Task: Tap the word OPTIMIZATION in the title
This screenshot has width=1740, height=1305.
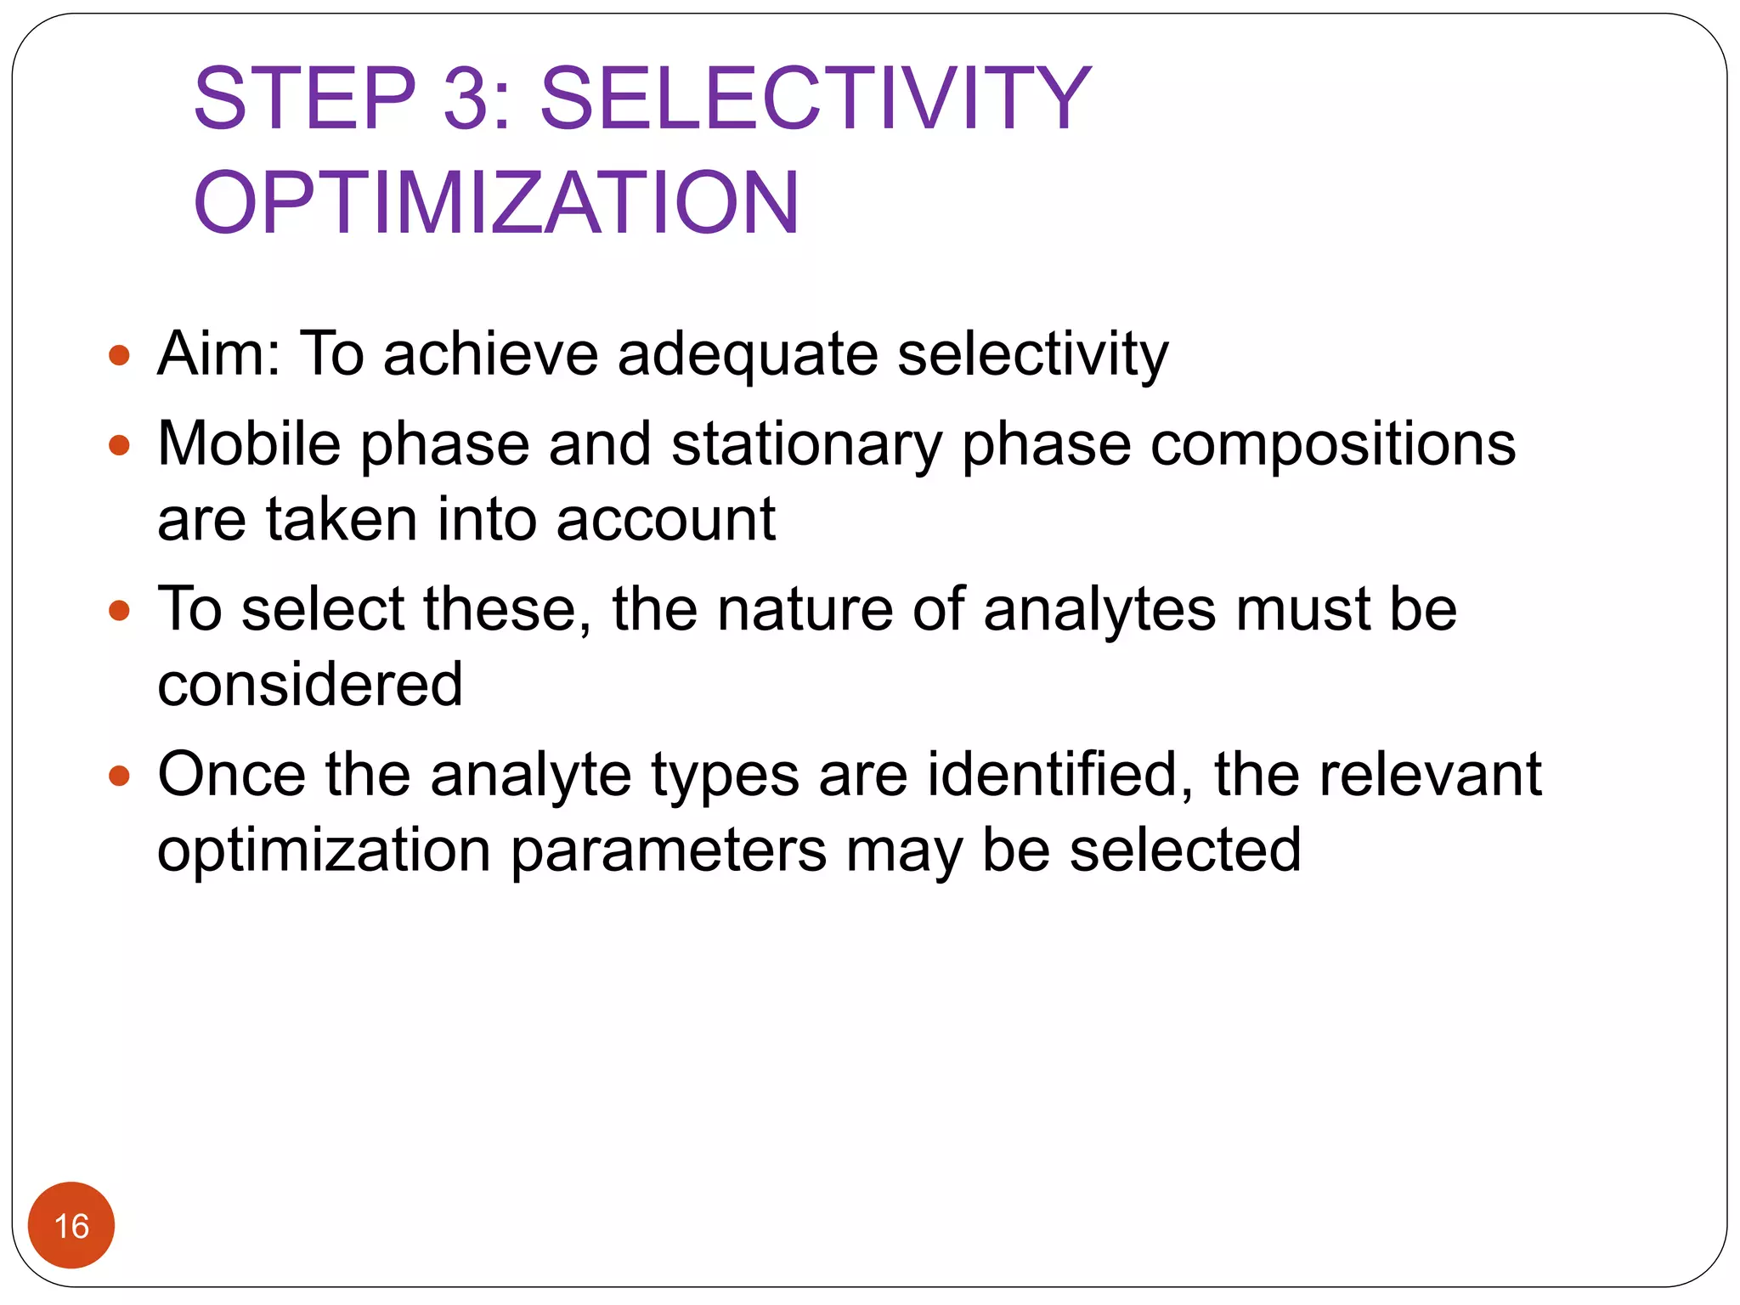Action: click(496, 203)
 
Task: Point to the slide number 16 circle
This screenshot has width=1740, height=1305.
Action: click(71, 1225)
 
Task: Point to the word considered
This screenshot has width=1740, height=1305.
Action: click(310, 685)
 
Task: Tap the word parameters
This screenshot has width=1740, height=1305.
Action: click(668, 850)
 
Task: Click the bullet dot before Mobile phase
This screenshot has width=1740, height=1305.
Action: click(120, 445)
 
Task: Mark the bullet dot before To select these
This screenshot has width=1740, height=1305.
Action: click(120, 610)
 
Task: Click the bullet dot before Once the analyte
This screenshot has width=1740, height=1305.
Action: click(120, 775)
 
